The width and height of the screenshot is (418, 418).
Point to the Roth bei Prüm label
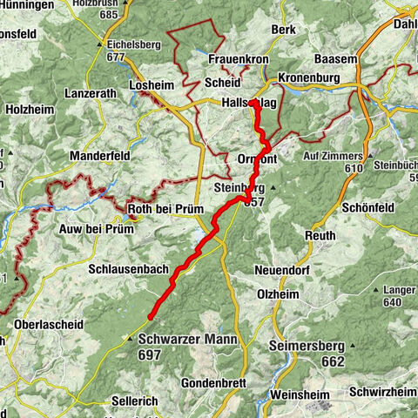coord(165,209)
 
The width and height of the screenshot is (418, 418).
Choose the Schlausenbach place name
coord(128,270)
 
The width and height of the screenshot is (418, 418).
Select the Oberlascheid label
coord(49,324)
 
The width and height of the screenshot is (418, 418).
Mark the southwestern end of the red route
coord(150,318)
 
